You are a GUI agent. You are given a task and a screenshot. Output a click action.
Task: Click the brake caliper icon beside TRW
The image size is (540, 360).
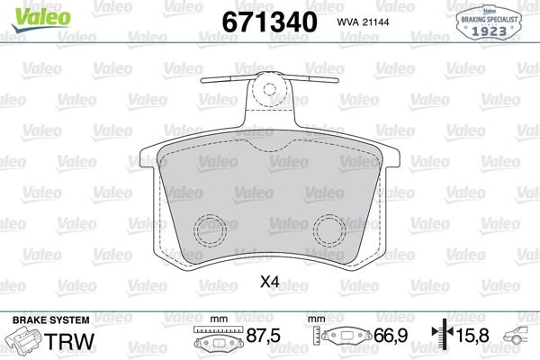pos(25,341)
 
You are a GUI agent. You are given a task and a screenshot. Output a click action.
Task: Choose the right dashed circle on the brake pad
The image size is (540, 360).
pos(330,232)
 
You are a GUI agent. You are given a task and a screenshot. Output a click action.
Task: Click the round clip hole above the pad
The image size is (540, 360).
pos(269,88)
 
